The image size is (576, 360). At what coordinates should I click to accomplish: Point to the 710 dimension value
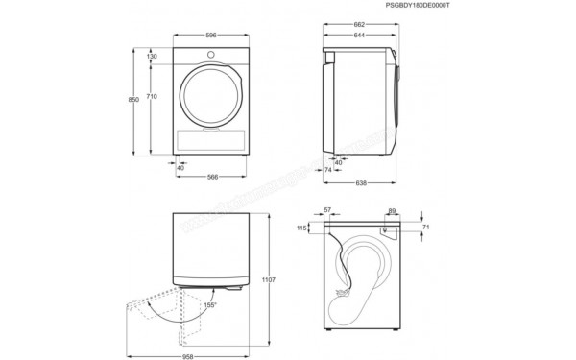point(153,98)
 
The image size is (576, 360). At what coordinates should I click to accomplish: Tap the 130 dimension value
point(153,57)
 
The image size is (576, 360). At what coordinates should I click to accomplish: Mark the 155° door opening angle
point(209,304)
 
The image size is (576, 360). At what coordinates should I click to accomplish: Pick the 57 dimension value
point(328,209)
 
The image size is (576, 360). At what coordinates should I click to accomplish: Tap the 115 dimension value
point(302,228)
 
